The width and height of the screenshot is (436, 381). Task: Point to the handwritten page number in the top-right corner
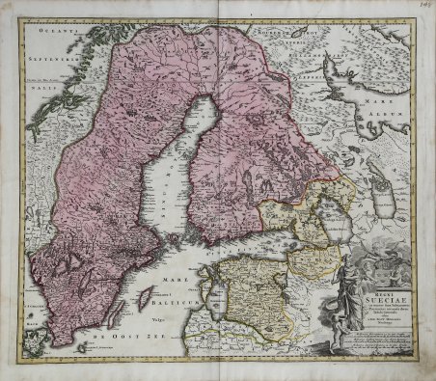[422, 11]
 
